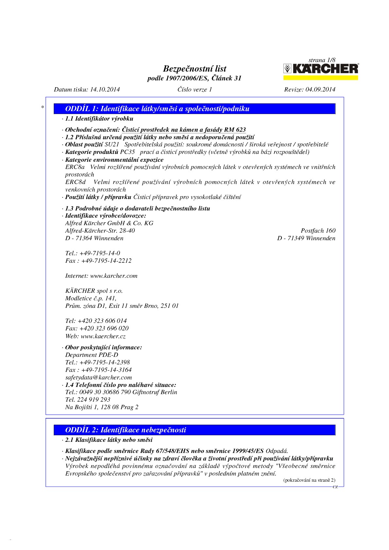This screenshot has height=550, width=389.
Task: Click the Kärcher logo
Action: pos(320,69)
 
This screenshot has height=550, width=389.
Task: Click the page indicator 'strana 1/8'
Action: pos(322,60)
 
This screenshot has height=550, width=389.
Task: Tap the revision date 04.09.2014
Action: pos(320,90)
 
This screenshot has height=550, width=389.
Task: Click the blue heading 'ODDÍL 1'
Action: pos(157,109)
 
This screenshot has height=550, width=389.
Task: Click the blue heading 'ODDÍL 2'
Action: pos(126,430)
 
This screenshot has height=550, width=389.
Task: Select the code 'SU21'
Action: pos(112,144)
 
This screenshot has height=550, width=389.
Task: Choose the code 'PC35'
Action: pos(127,152)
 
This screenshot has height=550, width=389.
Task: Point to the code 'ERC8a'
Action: pos(75,167)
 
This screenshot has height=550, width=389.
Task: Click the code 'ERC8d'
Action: pos(76,182)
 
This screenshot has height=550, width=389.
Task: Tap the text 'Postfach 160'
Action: pos(318,231)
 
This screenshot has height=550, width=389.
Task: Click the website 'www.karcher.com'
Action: pos(114,276)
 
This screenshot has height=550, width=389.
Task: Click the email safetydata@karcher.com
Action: pos(98,377)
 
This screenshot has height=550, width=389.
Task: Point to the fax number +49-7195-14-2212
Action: pos(106,261)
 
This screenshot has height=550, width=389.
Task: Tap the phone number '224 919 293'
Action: pos(94,400)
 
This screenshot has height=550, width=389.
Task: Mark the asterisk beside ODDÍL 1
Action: pos(42,108)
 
